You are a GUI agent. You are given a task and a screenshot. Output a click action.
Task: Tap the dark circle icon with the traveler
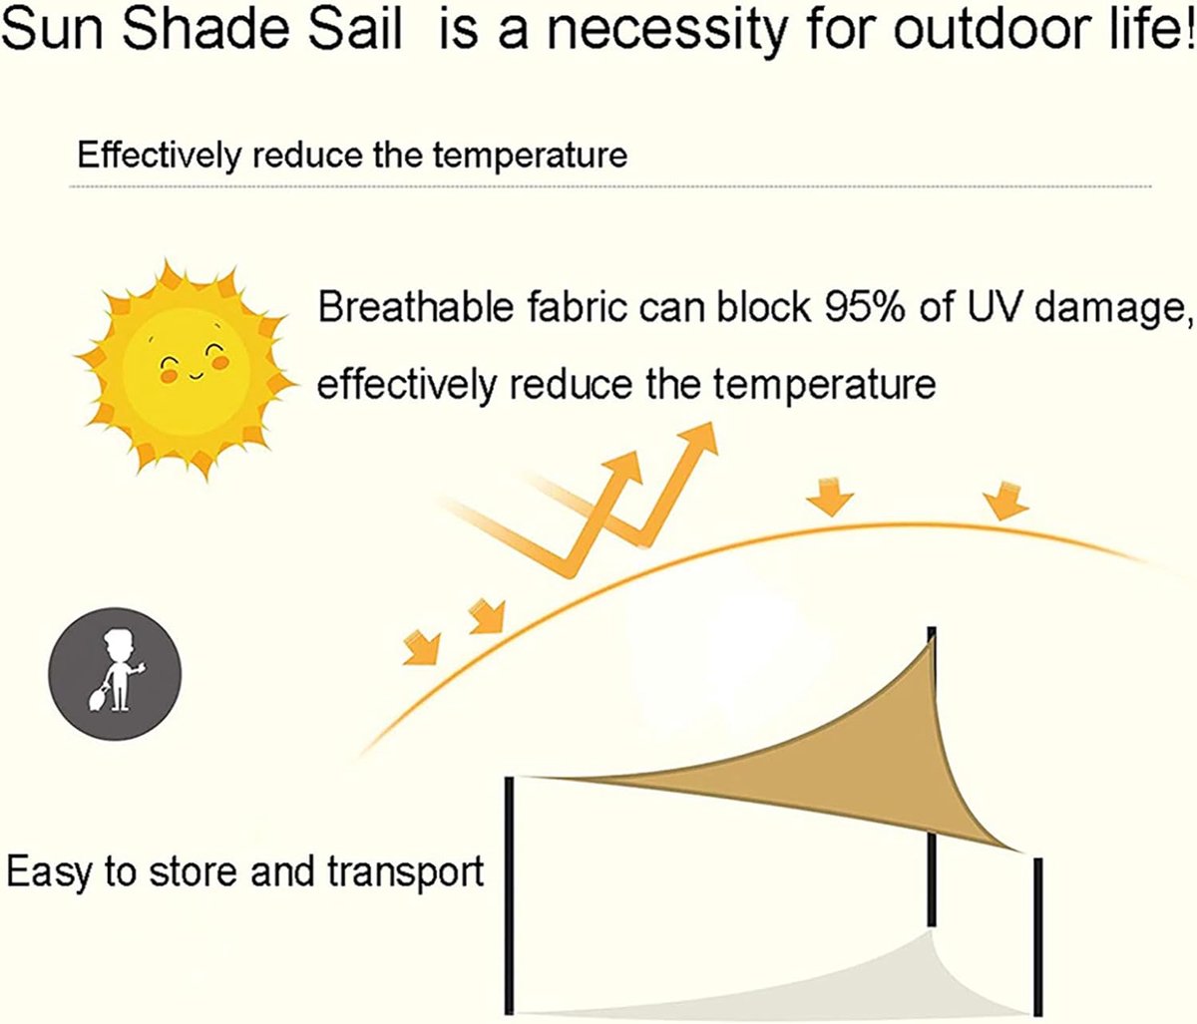[115, 673]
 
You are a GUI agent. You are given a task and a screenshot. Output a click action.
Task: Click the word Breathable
[416, 306]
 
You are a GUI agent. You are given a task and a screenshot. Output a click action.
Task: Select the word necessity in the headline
[667, 29]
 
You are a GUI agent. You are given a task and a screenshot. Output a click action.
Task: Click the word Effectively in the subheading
[158, 156]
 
